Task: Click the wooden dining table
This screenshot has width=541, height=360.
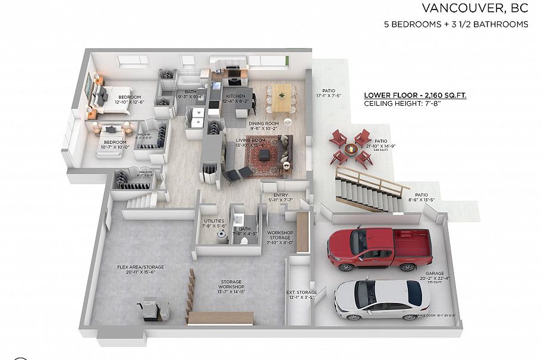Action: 282,96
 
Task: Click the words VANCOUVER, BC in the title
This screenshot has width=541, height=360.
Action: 474,8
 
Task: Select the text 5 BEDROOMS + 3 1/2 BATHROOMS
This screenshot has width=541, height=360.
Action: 456,24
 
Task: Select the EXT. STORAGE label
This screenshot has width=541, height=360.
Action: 301,292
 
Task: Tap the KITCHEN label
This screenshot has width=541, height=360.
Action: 235,96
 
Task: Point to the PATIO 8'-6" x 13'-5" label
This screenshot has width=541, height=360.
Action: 422,195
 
